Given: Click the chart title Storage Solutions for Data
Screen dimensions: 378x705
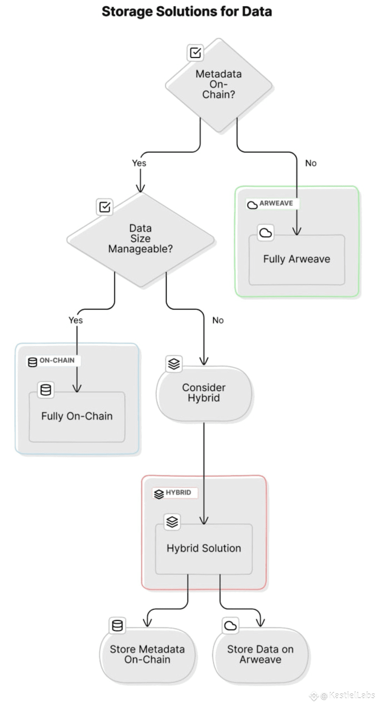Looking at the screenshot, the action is (x=187, y=12).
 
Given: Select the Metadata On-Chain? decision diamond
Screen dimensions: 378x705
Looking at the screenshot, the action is (x=219, y=85).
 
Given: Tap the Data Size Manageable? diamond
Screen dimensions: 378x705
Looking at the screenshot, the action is (x=140, y=240).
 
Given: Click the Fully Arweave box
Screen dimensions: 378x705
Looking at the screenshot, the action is (x=297, y=259).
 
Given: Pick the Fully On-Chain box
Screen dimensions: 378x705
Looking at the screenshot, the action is (x=77, y=416).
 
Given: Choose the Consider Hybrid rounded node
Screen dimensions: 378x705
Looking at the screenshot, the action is (x=204, y=393).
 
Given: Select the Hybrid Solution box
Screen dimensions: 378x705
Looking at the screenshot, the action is (x=204, y=549).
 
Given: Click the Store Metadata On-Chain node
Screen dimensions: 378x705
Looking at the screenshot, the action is (x=147, y=655).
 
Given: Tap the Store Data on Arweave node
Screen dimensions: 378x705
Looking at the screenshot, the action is (x=260, y=655).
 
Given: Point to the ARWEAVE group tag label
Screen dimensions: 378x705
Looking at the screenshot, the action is (x=273, y=204).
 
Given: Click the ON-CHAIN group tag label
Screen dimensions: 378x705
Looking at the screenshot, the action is (x=53, y=361).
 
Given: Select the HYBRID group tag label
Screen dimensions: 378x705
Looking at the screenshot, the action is (x=175, y=493).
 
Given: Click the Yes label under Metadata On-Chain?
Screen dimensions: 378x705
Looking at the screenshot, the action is (x=139, y=163).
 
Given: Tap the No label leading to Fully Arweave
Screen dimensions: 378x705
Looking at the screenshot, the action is (x=311, y=163).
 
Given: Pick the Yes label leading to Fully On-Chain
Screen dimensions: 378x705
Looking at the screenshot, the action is (x=76, y=320).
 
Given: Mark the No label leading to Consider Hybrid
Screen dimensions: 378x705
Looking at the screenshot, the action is (x=218, y=320).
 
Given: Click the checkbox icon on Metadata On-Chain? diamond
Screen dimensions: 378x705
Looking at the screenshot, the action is (x=195, y=53).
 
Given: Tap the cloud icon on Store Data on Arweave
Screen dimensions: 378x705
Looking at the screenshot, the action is (x=230, y=625).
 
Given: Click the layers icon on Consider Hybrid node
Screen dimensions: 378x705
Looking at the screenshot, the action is (x=174, y=364).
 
